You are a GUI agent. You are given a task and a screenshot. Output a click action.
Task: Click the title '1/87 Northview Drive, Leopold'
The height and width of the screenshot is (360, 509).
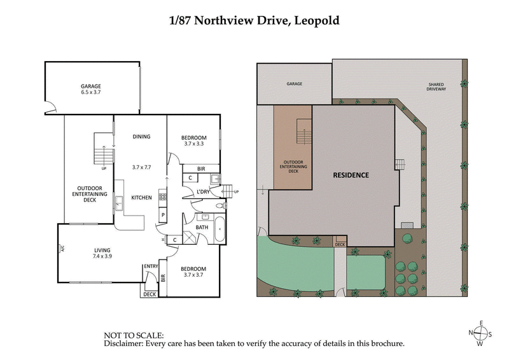[x=254, y=20]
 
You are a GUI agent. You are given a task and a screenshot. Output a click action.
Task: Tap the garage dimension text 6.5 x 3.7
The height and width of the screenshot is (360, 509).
[x=91, y=92]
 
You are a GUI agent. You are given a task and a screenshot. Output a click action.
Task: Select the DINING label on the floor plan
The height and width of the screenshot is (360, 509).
[x=141, y=136]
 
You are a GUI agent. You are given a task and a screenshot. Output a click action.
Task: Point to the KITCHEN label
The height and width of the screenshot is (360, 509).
[x=141, y=198]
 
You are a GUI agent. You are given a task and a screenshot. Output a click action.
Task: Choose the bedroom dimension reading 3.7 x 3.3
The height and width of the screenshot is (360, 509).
[x=193, y=144]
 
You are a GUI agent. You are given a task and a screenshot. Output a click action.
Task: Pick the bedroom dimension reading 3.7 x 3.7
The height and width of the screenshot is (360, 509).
[x=193, y=275]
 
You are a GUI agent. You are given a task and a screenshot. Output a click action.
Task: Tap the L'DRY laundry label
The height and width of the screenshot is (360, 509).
[x=203, y=191]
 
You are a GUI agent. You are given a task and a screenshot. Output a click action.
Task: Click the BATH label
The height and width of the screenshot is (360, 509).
[x=202, y=227]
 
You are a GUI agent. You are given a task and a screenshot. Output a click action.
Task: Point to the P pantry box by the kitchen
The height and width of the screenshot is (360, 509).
[x=163, y=216]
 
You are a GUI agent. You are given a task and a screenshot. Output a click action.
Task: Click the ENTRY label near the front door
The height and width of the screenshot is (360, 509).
[x=151, y=267]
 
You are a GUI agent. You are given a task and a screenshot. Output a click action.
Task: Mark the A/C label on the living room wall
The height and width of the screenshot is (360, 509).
[x=62, y=249]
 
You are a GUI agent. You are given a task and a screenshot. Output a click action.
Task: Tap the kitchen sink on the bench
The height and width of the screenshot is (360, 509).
[x=119, y=204]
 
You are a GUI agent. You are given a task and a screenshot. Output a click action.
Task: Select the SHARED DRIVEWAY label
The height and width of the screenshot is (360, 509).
[x=437, y=88]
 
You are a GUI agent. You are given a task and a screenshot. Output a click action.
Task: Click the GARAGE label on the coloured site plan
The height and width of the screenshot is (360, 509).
[x=294, y=84]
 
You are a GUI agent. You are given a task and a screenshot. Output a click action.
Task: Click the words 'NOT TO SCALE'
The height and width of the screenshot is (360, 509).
[x=134, y=335]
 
